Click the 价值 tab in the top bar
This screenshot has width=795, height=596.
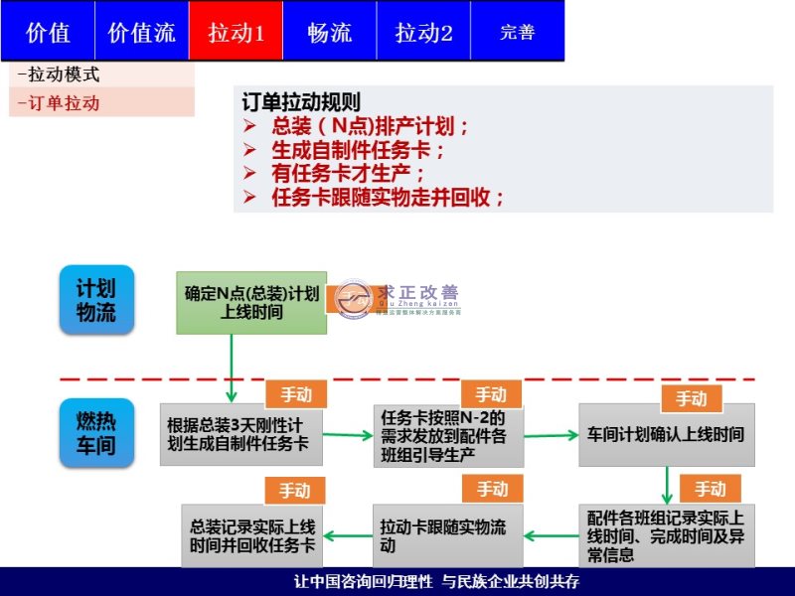click(x=48, y=32)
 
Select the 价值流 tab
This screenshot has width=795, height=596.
click(x=141, y=32)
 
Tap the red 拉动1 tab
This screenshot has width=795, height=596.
click(x=236, y=32)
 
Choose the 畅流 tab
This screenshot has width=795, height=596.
click(x=329, y=32)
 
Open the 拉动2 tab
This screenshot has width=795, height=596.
click(x=423, y=32)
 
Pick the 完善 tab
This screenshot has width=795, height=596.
click(x=517, y=32)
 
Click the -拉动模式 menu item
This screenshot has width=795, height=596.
click(x=60, y=74)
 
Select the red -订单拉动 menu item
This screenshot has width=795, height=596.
click(x=60, y=102)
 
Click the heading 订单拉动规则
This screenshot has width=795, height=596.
click(x=301, y=103)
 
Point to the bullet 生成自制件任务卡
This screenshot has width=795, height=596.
click(x=358, y=150)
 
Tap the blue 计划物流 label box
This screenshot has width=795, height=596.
click(x=96, y=300)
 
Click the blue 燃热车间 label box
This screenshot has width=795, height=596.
click(x=96, y=433)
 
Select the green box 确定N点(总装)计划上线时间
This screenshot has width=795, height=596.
click(x=251, y=303)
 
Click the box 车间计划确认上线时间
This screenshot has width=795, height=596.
click(x=666, y=435)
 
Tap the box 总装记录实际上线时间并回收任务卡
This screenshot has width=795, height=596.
click(x=252, y=534)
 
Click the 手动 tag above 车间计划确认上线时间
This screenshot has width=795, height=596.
click(x=692, y=399)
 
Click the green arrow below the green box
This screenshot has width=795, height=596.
click(x=233, y=368)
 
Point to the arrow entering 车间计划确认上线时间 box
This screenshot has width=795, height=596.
click(x=551, y=435)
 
